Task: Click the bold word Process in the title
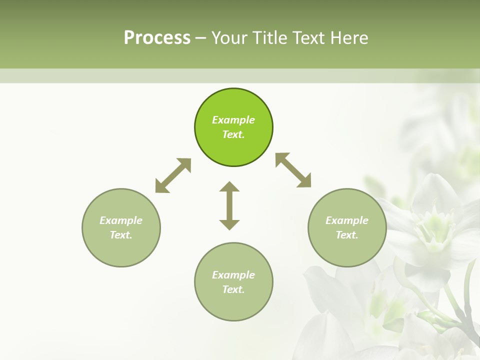point(157,38)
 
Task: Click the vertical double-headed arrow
point(229,205)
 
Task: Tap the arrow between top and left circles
point(173,175)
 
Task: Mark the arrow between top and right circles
point(293,170)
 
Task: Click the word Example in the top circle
point(233,120)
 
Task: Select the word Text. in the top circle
point(233,134)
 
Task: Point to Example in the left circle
point(121,220)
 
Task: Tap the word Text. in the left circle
point(121,235)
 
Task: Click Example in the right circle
point(347,220)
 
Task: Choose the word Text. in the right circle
point(347,235)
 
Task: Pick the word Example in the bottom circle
point(233,275)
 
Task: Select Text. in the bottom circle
point(233,289)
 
